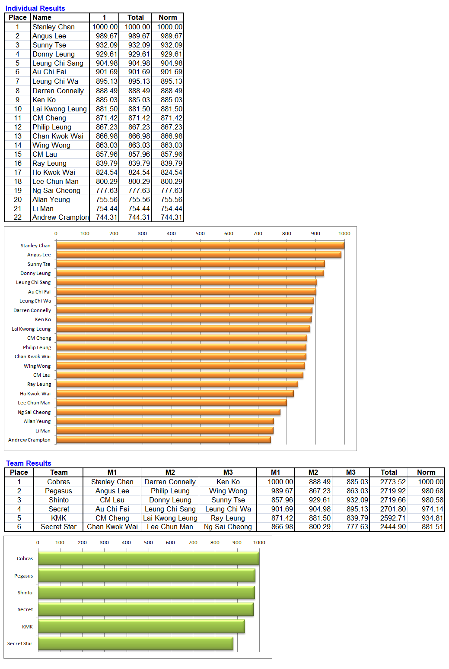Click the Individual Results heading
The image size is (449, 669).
coord(35,8)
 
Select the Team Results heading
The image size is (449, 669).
coord(29,463)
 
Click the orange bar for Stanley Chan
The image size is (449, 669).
coord(200,245)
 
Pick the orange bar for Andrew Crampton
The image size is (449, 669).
coord(163,440)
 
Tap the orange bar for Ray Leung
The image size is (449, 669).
coord(177,384)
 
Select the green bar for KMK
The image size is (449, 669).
coord(141,626)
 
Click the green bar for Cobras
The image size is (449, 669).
coord(149,558)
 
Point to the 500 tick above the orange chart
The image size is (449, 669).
coord(200,234)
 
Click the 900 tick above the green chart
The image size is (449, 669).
coord(237,543)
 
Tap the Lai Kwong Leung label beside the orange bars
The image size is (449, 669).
coord(31,329)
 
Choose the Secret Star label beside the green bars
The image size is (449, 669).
coord(19,644)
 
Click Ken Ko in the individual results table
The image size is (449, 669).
coord(44,100)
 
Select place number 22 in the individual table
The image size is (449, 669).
coord(18,217)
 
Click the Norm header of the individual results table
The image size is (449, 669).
coord(168,18)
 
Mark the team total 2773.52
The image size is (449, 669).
coord(393,482)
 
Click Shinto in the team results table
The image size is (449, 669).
coord(59,500)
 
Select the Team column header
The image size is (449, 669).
coord(59,473)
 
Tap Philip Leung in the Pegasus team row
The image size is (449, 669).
coord(170,491)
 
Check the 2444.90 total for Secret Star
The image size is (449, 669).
coord(393,527)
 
